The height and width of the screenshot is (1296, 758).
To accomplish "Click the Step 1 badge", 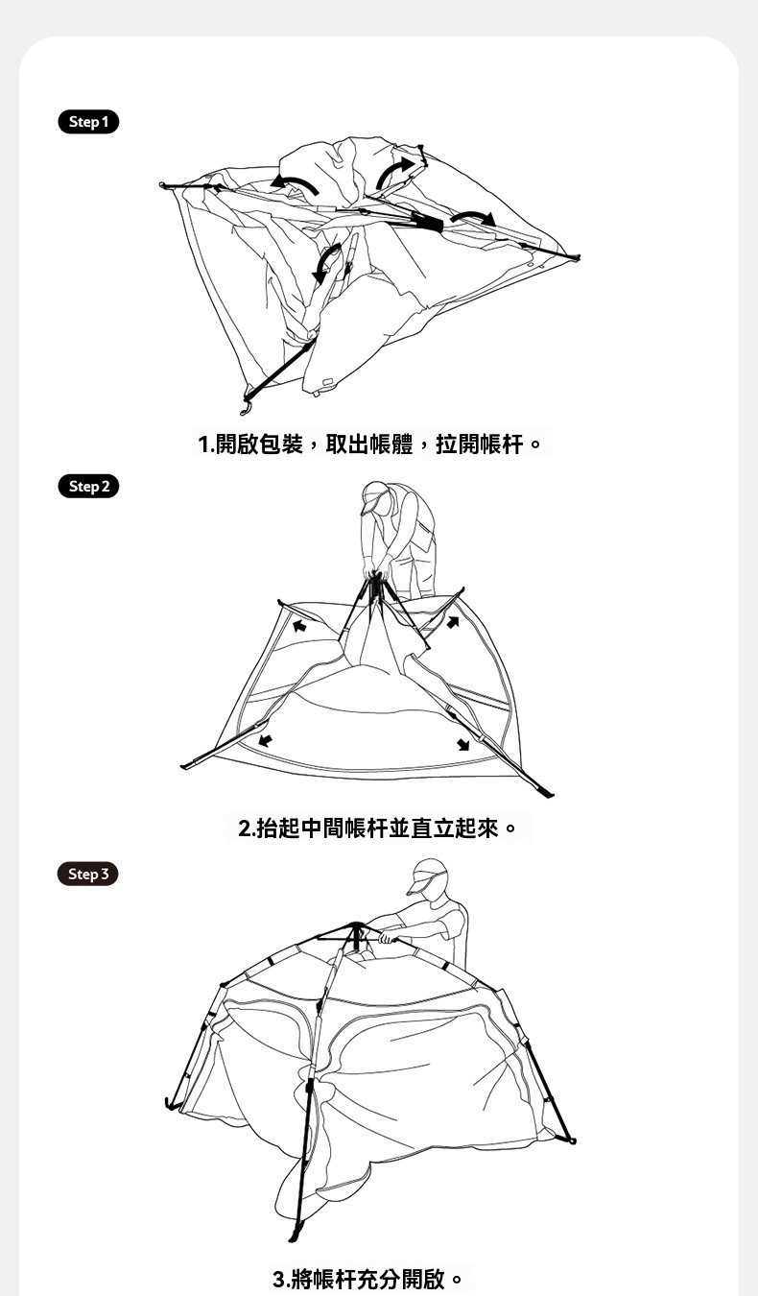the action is coord(88,122).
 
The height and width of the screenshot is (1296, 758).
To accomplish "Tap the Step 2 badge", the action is coord(88,486).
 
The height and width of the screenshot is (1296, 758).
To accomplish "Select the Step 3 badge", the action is coord(88,874).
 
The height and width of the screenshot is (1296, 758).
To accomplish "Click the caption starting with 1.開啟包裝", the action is coord(370,444).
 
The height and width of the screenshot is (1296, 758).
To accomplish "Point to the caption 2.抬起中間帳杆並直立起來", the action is coord(377,828).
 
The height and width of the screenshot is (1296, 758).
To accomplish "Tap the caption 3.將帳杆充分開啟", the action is coord(367,1279).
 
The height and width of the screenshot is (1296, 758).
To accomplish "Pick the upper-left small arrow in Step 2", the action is coord(299,625).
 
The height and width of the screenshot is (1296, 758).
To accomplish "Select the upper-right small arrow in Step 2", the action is coord(453,622).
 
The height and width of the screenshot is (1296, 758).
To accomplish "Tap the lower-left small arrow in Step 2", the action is coord(265,740).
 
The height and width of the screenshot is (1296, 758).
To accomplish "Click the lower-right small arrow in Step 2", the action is coord(463,744).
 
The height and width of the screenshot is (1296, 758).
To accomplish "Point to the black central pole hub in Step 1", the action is coord(427,222).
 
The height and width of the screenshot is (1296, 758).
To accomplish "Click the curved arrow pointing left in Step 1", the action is coord(295,184).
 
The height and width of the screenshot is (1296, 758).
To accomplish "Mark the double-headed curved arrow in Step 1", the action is coord(326,263).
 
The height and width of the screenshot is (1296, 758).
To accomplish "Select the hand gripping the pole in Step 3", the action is coord(387,936).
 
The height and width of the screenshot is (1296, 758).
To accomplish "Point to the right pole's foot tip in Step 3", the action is coord(573,1140).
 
